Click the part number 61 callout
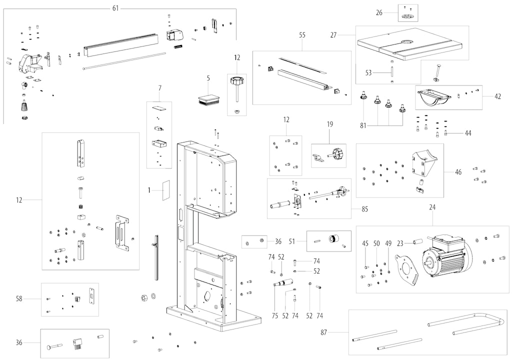tap(116, 8)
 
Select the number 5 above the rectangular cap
tap(208, 78)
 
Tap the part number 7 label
tap(159, 88)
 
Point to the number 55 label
tap(302, 36)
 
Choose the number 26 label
tap(379, 12)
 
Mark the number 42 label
tap(497, 96)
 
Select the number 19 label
tap(330, 124)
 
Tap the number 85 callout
tap(364, 209)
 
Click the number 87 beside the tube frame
tap(324, 331)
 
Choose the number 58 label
tap(19, 299)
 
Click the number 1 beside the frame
tap(149, 190)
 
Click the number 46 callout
tap(458, 172)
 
